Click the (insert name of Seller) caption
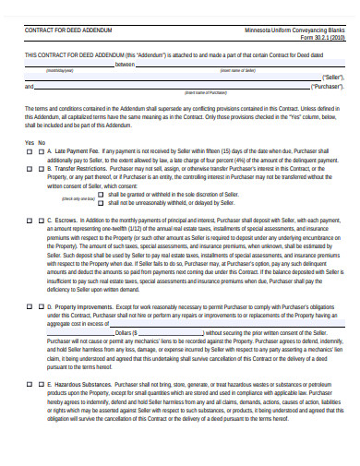tap(236, 70)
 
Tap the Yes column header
tap(29, 143)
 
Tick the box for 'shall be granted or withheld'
tap(102, 195)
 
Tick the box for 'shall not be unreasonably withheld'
tap(102, 203)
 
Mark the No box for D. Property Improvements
tap(39, 305)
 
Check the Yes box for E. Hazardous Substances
tap(29, 381)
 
